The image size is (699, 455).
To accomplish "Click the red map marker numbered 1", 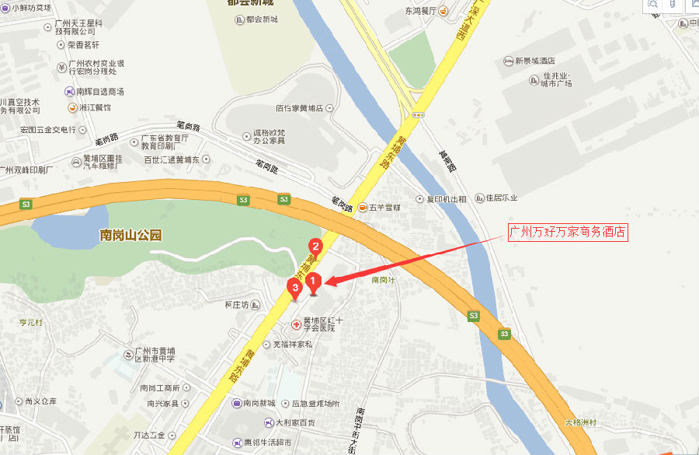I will [313, 281].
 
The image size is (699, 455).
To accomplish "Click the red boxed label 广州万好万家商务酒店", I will [567, 232].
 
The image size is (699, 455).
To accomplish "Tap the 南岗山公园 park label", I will [130, 235].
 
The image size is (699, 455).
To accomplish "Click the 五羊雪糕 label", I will [384, 208].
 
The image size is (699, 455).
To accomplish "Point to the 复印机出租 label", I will [446, 199].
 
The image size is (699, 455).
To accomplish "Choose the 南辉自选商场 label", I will [99, 92].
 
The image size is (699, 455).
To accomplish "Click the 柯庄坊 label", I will [235, 304].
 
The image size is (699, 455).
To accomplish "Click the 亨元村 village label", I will [32, 321].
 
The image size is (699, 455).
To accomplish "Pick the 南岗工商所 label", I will [160, 387].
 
